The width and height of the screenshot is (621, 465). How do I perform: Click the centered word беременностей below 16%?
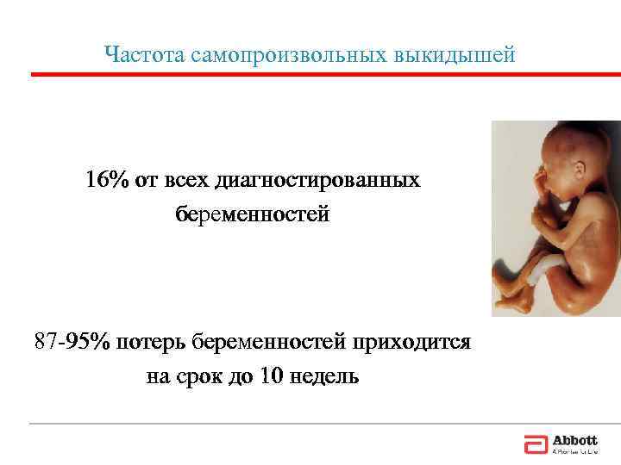pos(253,213)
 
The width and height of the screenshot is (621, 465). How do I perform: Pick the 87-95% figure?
pos(72,342)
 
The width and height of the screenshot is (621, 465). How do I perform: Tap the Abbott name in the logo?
pos(574,441)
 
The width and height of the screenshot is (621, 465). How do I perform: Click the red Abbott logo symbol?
pos(535,444)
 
